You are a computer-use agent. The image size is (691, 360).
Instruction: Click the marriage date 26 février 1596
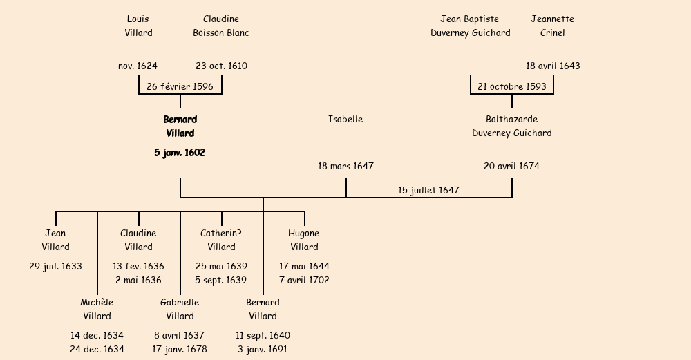click(x=180, y=86)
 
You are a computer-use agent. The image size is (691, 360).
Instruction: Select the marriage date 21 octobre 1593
click(x=512, y=86)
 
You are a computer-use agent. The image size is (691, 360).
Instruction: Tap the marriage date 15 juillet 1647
click(x=428, y=190)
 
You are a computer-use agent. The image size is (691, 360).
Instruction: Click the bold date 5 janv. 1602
click(x=180, y=153)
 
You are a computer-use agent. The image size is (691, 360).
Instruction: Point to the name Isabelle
click(x=345, y=120)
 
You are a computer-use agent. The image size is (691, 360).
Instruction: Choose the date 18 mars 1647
click(x=345, y=167)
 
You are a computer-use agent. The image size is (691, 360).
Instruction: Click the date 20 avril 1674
click(x=511, y=167)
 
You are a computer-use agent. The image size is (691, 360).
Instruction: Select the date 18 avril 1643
click(x=553, y=66)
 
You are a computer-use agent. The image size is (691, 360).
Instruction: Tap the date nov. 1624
click(x=138, y=66)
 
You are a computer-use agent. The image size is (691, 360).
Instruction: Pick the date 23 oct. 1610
click(x=221, y=66)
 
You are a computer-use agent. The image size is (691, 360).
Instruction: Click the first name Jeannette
click(x=553, y=19)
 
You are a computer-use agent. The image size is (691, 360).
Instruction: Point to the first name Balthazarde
click(x=511, y=120)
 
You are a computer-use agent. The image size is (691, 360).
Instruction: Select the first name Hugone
click(x=304, y=234)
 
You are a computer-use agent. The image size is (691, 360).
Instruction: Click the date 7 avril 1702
click(x=304, y=281)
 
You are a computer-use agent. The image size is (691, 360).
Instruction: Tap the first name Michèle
click(x=97, y=303)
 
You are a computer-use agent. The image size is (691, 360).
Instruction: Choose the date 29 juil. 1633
click(x=55, y=267)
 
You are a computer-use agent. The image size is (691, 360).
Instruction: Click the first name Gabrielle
click(x=180, y=303)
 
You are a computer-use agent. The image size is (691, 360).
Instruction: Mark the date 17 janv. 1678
click(x=180, y=350)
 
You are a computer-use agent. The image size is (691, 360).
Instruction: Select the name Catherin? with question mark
click(x=221, y=234)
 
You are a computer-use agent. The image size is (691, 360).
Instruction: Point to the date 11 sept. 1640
click(x=263, y=336)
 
